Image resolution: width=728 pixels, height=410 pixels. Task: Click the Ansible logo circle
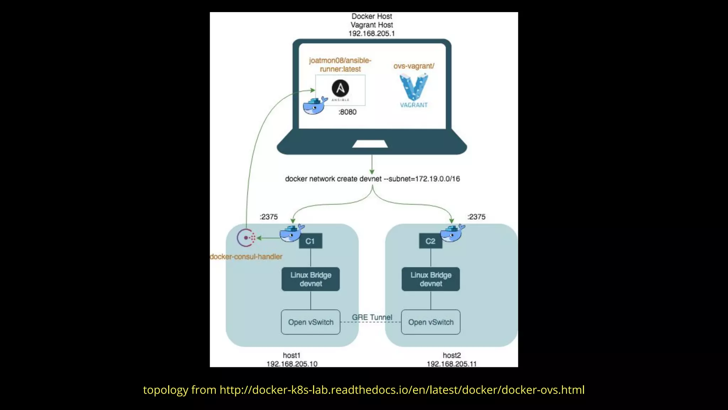[340, 88]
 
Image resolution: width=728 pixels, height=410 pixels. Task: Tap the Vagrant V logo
[413, 87]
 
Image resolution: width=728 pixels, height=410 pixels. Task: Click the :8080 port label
[347, 112]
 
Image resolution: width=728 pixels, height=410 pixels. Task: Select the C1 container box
[310, 241]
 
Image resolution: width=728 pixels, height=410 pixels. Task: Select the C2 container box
[430, 241]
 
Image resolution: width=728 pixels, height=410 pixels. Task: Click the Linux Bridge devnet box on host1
[311, 279]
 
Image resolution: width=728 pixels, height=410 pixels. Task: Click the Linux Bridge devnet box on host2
[430, 279]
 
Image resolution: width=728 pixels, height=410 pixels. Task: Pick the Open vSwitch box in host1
[311, 322]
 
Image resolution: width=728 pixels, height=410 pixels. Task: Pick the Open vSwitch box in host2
[430, 322]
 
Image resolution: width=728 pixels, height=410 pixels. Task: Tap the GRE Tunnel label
[372, 317]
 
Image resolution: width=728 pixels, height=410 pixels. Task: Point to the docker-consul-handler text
[246, 257]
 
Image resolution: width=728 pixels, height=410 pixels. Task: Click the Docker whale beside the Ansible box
[315, 105]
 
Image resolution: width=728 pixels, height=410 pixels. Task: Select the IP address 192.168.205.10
[292, 364]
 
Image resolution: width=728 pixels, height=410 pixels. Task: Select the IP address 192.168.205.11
[451, 364]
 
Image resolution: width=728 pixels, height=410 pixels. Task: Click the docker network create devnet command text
[372, 179]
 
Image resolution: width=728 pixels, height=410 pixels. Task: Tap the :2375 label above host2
[476, 217]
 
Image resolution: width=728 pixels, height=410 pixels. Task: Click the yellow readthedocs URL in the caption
[402, 390]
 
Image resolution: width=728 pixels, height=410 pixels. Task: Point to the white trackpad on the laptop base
[370, 144]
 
